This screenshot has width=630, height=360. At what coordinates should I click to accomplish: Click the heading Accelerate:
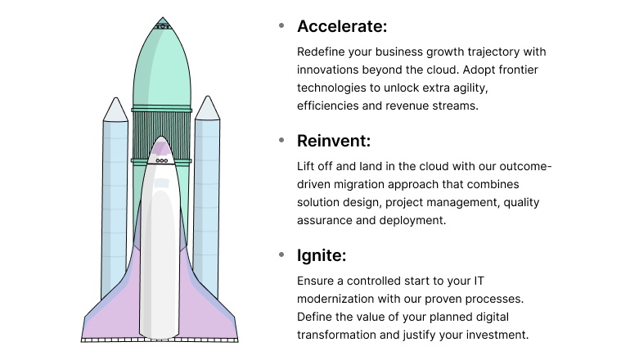341,26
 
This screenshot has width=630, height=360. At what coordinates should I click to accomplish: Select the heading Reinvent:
334,141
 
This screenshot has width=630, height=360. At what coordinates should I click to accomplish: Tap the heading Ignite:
322,255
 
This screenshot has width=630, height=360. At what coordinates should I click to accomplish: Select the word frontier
512,70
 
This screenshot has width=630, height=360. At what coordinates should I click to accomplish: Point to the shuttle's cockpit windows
162,160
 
